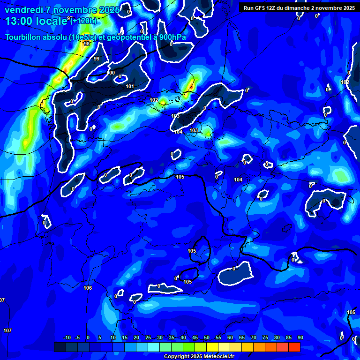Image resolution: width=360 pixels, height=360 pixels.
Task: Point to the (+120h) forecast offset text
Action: pos(84,21)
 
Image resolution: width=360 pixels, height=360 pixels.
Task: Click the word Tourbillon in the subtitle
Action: pos(24,37)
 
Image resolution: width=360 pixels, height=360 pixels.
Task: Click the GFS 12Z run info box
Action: pos(299,7)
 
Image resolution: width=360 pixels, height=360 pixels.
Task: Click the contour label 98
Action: pos(86,44)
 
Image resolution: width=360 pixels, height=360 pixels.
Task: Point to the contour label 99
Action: pos(96,59)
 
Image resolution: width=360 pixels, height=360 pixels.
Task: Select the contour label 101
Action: pos(130,86)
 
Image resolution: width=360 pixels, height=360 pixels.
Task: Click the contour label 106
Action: pos(87,288)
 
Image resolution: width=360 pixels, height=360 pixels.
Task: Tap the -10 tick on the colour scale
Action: pos(67,338)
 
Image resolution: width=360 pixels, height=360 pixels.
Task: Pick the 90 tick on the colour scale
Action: pos(300,338)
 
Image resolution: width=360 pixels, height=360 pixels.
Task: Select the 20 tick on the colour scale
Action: pos(136,338)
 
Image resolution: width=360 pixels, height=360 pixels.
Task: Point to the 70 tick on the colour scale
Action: pos(253,338)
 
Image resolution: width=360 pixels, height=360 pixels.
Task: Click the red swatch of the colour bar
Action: pos(294,347)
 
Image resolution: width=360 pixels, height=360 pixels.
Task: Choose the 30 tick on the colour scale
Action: pos(160,338)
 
